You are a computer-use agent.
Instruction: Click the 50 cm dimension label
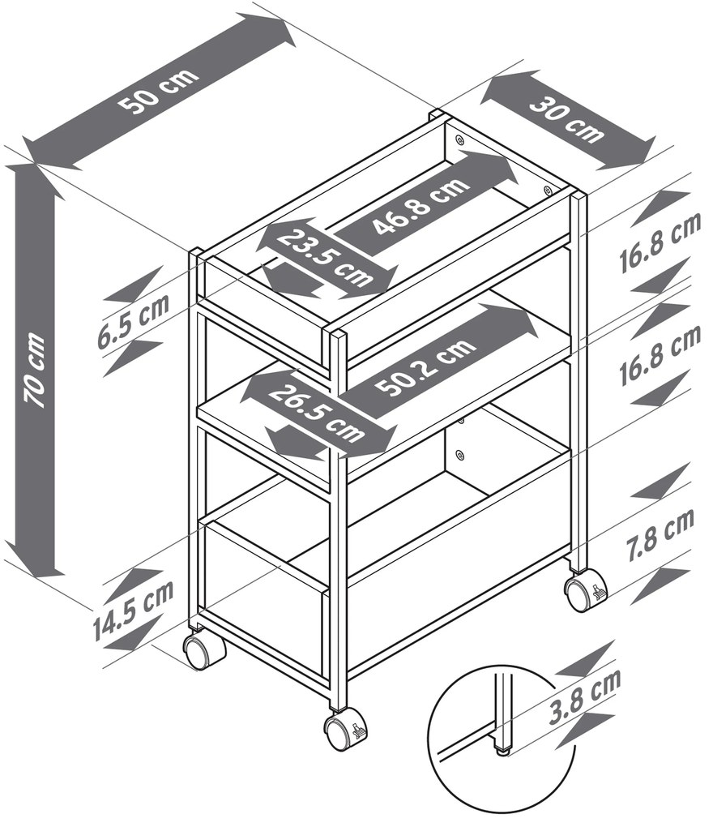(158, 90)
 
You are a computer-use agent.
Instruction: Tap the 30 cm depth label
(566, 121)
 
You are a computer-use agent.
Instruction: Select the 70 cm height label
(36, 369)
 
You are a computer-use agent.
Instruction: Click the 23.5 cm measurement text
(325, 257)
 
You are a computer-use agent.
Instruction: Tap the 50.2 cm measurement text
(426, 367)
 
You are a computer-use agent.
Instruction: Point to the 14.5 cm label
(134, 610)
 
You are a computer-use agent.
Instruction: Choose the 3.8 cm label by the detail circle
(585, 696)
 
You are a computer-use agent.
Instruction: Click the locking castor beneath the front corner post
(344, 730)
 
